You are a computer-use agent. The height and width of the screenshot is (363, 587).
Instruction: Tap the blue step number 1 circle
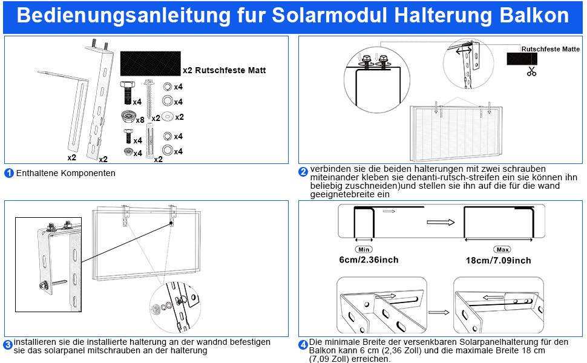9,173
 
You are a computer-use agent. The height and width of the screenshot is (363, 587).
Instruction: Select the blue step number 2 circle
303,172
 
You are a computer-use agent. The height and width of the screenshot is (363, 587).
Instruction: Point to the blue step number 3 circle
8,345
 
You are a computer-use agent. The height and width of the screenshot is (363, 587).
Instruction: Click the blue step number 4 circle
303,345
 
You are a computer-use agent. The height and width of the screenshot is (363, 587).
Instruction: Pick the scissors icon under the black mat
531,71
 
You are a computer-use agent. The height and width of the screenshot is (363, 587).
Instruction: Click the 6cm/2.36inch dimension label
369,260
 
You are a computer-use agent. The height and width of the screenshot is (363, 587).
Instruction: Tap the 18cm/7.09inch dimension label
499,260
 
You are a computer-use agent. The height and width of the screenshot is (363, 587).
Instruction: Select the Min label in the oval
364,249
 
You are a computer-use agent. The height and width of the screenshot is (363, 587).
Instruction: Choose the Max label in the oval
502,249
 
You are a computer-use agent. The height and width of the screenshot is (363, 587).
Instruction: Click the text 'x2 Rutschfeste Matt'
224,71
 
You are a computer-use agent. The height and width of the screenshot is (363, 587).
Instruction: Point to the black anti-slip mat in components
149,63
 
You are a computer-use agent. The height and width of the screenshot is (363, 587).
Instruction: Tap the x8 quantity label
140,120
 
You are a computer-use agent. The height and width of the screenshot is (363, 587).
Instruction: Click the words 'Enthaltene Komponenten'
65,173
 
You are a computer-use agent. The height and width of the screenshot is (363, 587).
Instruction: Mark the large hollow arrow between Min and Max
440,222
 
